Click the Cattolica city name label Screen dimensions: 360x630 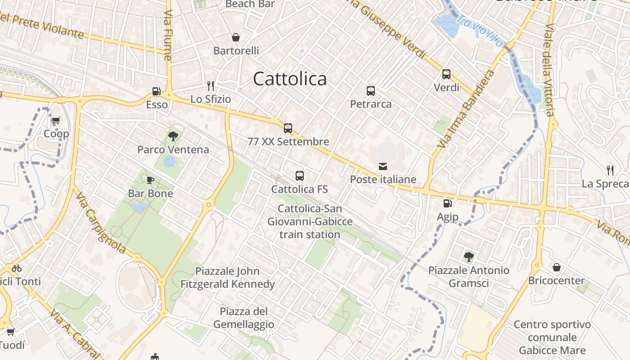point(290,79)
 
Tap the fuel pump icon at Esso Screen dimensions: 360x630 point(156,91)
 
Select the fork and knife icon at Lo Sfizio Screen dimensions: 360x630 point(210,85)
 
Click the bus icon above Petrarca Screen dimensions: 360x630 point(371,91)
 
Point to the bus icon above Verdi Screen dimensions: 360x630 point(446,74)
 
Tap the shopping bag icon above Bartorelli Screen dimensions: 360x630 point(235,37)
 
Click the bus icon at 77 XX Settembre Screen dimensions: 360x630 point(288,128)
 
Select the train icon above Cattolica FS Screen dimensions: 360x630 point(300,176)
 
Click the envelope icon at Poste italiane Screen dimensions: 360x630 point(383,166)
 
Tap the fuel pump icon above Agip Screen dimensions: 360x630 point(447,203)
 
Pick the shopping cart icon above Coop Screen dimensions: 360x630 point(56,121)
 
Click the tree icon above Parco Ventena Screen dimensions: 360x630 point(173,136)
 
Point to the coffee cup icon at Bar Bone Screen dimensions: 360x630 point(150,180)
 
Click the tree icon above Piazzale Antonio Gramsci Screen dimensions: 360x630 point(468,257)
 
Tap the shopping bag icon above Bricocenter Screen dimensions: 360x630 point(557,267)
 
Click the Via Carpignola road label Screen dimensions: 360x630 point(101,223)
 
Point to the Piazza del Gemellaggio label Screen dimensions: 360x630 point(243,318)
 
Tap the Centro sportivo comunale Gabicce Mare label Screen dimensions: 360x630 point(552,337)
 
